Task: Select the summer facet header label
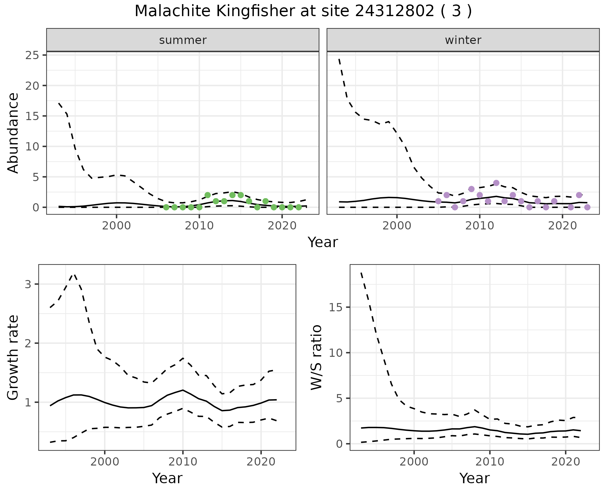click(x=183, y=40)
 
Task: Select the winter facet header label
click(x=463, y=40)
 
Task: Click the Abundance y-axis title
click(x=13, y=133)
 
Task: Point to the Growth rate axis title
click(x=13, y=357)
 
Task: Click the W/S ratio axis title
click(x=316, y=357)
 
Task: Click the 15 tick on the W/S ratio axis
click(x=336, y=307)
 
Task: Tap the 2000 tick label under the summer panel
click(x=116, y=226)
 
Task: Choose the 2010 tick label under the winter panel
click(x=480, y=226)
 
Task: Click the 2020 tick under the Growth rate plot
click(x=261, y=462)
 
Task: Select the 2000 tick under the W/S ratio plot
click(x=414, y=462)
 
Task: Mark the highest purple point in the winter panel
click(x=496, y=183)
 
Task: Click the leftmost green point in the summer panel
click(x=166, y=207)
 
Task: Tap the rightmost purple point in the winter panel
click(x=587, y=207)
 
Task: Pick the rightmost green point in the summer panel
click(x=298, y=207)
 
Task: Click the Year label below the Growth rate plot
click(x=167, y=478)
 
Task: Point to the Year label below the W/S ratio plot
click(x=474, y=478)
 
